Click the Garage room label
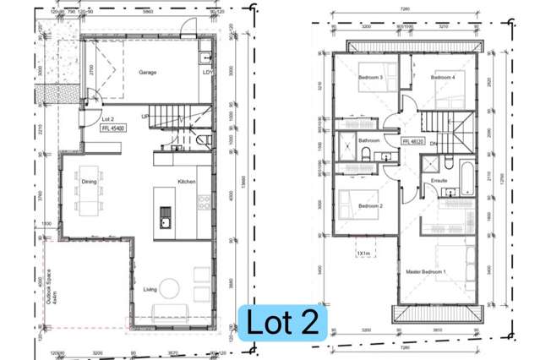(x=148, y=73)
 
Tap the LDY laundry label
(x=207, y=73)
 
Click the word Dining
(x=89, y=182)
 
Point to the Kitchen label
(x=187, y=182)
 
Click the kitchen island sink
(x=166, y=222)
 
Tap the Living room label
(x=149, y=290)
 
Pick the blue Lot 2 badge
(x=281, y=323)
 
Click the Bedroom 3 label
(x=369, y=78)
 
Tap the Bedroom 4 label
(x=443, y=78)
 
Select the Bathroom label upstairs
(x=368, y=140)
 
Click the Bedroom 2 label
(x=369, y=207)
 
